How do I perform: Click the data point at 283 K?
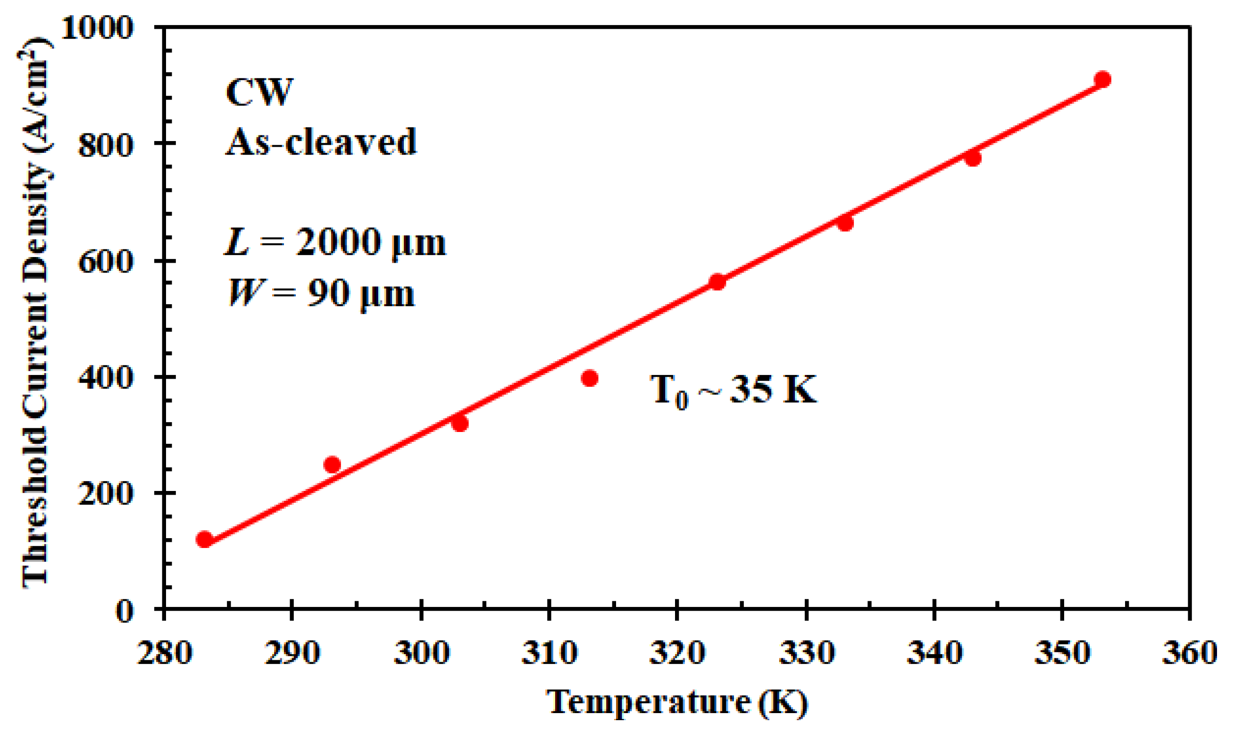click(x=204, y=540)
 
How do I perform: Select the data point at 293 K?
click(x=333, y=464)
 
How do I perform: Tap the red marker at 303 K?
click(x=459, y=423)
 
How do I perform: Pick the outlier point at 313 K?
click(x=590, y=378)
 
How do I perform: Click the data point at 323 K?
click(x=717, y=282)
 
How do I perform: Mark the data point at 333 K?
click(x=845, y=223)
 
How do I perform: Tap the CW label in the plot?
click(x=259, y=92)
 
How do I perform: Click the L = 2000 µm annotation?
click(x=335, y=242)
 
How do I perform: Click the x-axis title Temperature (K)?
click(x=677, y=701)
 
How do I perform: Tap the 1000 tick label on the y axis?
click(x=98, y=27)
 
